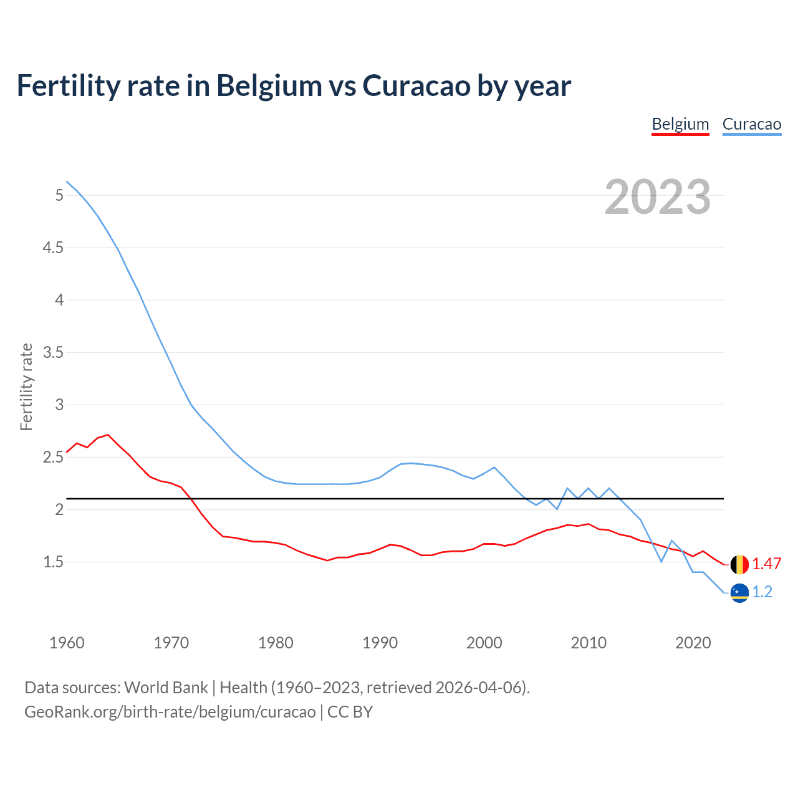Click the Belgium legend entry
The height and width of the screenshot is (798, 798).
(680, 124)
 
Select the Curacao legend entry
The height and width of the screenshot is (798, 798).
(751, 124)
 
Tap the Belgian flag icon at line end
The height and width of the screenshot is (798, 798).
(739, 564)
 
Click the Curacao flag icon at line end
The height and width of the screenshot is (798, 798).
(739, 593)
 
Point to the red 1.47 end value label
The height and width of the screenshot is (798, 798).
(766, 564)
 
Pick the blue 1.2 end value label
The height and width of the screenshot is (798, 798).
(762, 592)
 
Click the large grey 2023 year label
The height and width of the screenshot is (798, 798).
(658, 198)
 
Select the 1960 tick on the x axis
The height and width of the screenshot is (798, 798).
(67, 643)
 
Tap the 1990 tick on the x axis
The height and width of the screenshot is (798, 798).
(380, 643)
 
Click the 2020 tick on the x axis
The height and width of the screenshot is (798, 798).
(693, 643)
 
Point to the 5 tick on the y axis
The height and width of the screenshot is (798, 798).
(59, 196)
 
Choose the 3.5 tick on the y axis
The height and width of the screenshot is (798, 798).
(53, 353)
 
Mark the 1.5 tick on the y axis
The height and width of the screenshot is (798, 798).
(53, 562)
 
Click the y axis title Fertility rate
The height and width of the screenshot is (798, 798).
(26, 387)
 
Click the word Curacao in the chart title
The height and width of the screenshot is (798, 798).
(416, 86)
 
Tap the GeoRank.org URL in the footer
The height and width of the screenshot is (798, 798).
(170, 712)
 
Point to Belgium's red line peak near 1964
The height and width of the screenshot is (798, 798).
(108, 435)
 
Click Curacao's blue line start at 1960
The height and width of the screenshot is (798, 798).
(67, 181)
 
